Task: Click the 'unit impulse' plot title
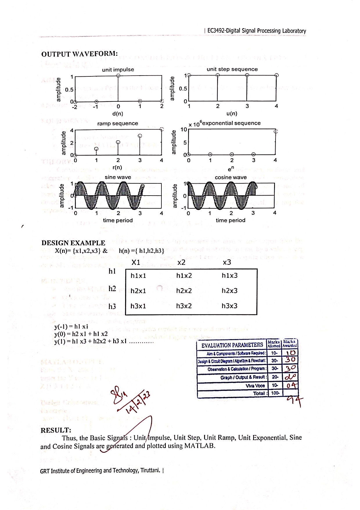tap(118, 70)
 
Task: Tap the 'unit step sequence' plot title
tap(232, 69)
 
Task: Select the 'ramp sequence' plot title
tap(118, 124)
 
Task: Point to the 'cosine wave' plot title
tap(231, 177)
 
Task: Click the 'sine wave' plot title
tap(118, 177)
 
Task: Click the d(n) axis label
tap(118, 114)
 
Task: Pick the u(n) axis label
tap(232, 114)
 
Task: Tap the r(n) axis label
tap(117, 167)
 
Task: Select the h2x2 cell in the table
tap(184, 291)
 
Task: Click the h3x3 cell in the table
tap(229, 306)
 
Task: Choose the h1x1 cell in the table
tap(138, 275)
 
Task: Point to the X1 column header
tap(136, 262)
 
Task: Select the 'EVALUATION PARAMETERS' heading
tap(232, 345)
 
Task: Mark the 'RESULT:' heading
tap(56, 430)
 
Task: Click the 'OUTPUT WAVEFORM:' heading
tap(79, 54)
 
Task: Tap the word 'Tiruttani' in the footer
tap(150, 470)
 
